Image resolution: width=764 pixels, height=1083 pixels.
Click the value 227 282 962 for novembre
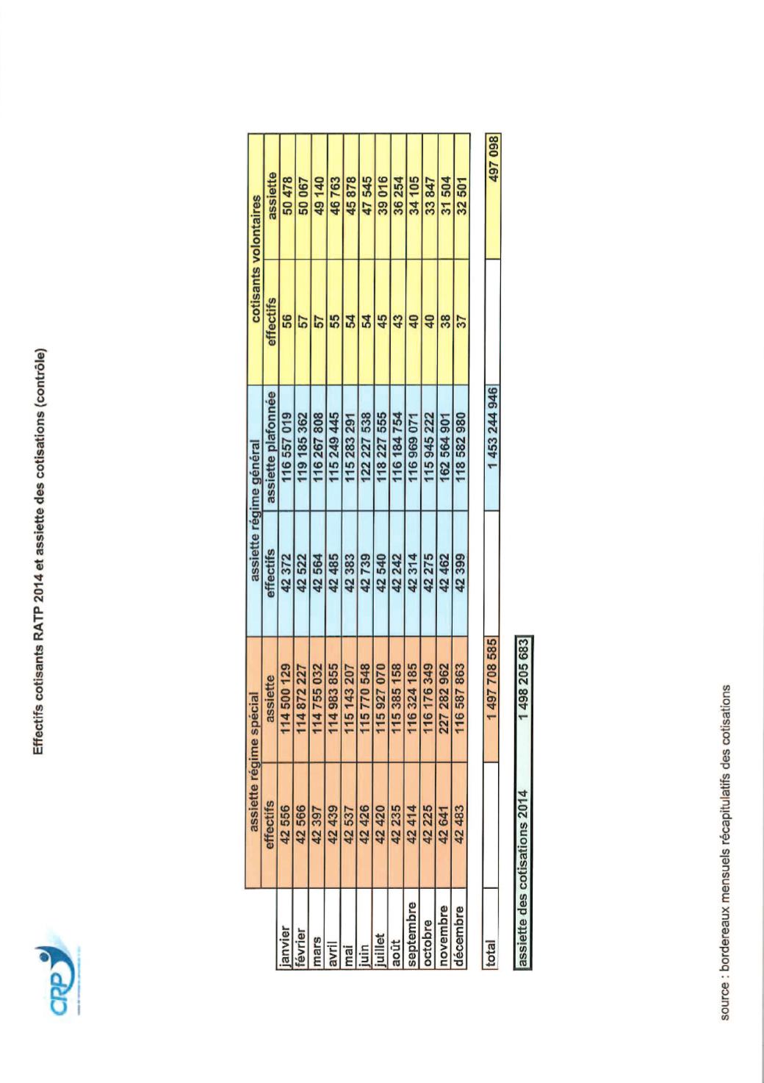point(445,696)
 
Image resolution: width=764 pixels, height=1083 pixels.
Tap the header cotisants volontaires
point(254,258)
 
